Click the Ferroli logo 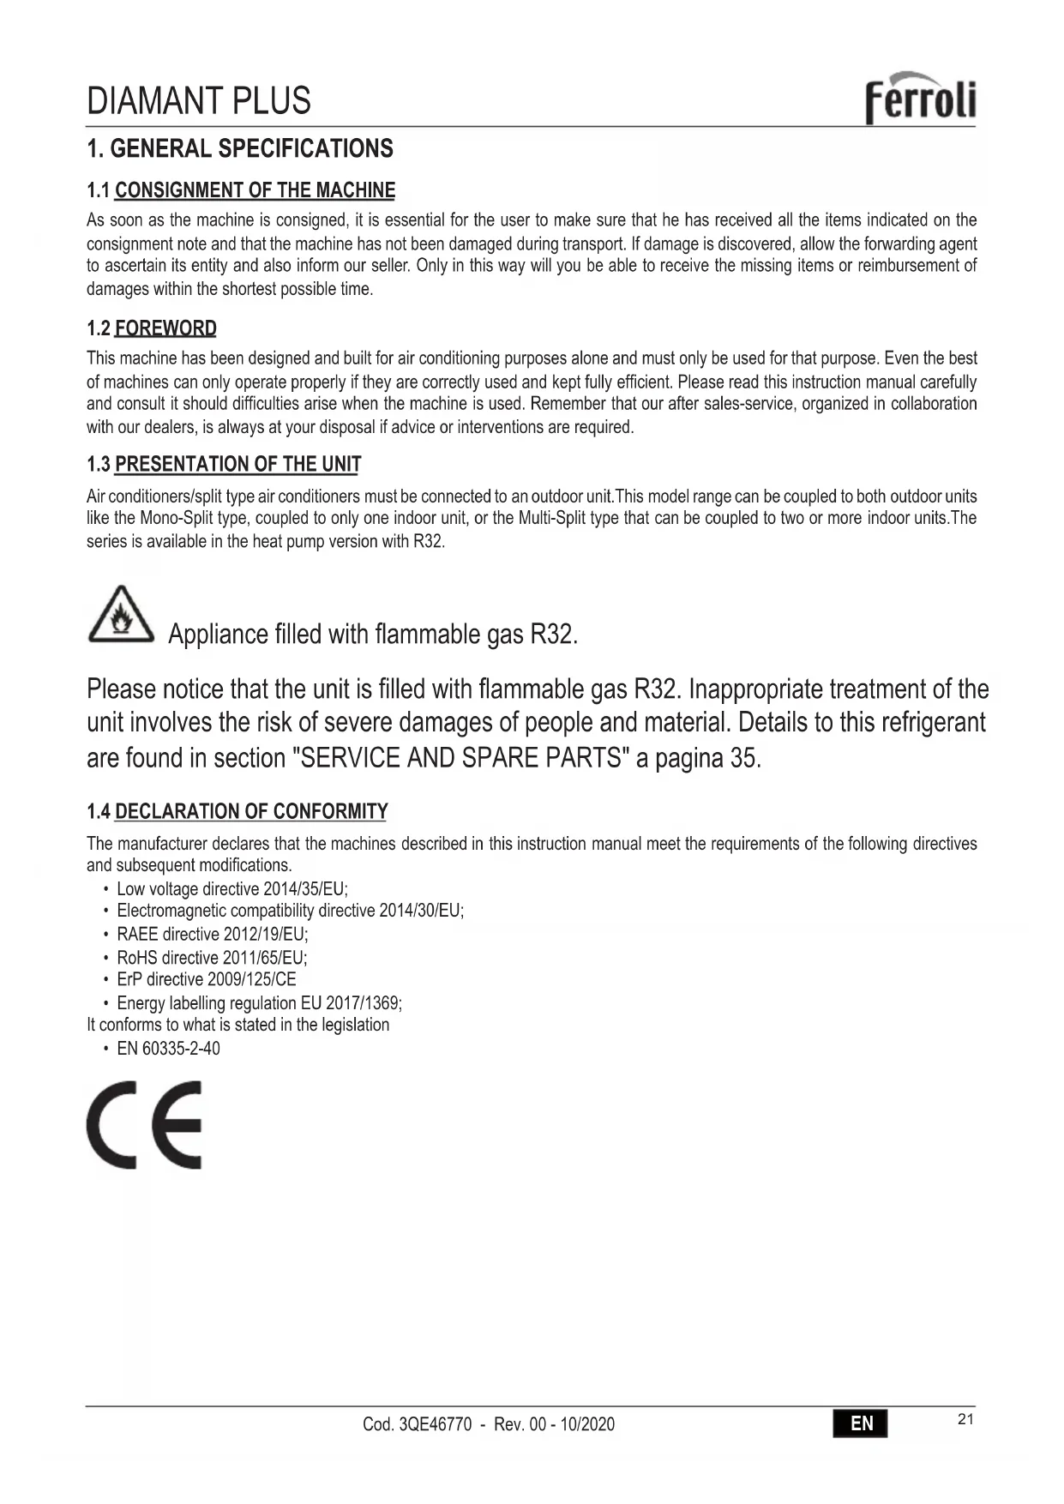[920, 98]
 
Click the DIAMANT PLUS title [199, 101]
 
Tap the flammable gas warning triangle [121, 615]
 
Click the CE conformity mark [145, 1124]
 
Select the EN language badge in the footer [860, 1423]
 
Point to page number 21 [965, 1419]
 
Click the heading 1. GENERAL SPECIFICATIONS [240, 149]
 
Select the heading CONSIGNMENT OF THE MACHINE [255, 190]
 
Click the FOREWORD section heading [165, 328]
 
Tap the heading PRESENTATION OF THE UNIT [237, 465]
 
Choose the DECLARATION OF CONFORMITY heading [251, 811]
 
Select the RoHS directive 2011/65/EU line [212, 958]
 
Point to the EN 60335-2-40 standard [168, 1049]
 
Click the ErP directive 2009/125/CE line [206, 979]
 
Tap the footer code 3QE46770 [435, 1424]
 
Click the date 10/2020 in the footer [587, 1424]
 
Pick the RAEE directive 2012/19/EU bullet [212, 935]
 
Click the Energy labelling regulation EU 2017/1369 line [259, 1003]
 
